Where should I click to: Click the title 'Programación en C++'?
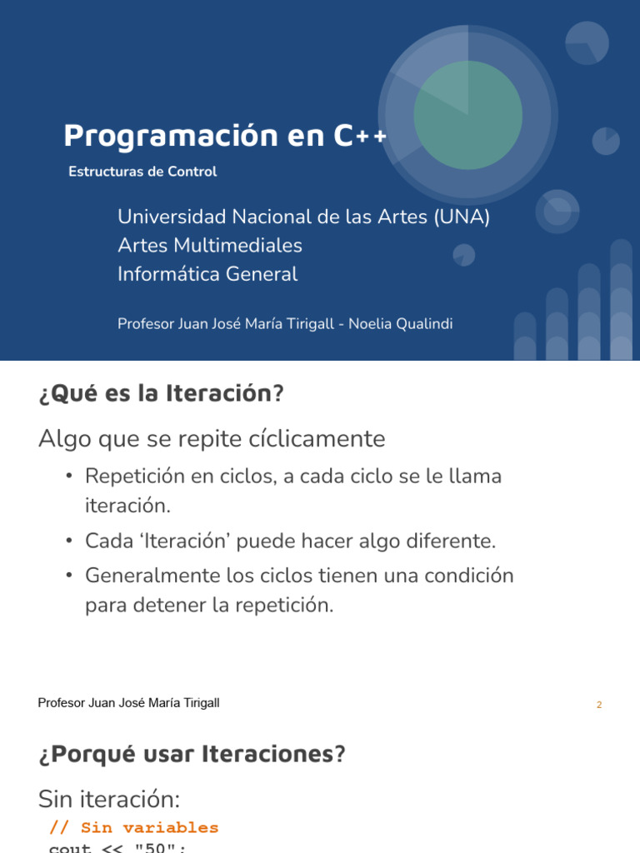click(225, 136)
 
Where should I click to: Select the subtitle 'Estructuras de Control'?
click(142, 172)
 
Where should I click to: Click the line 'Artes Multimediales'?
click(210, 246)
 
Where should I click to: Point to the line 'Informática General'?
click(207, 274)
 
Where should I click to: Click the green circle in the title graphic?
click(467, 115)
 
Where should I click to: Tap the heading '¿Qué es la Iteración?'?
click(161, 394)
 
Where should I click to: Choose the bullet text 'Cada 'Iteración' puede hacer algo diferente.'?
click(290, 541)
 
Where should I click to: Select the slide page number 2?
click(599, 705)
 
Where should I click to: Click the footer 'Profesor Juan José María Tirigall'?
click(129, 703)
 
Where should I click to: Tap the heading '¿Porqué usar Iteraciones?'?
click(191, 755)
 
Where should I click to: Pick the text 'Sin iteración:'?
click(109, 800)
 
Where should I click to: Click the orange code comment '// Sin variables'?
click(134, 828)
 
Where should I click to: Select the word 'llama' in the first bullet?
click(476, 477)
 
